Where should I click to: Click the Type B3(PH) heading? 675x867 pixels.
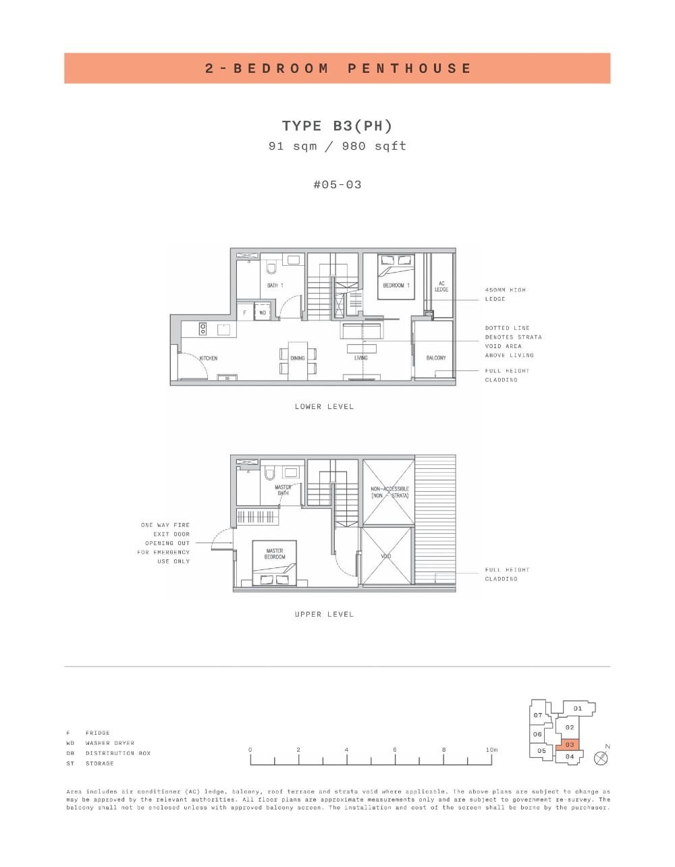337,125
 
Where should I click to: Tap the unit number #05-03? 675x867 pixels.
337,184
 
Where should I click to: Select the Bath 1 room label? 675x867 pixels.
275,285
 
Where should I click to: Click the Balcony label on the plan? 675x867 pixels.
436,358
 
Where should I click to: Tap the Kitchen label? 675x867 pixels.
209,358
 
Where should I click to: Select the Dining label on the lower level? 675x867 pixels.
298,358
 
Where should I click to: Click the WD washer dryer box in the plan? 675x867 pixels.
263,313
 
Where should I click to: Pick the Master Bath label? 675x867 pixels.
283,490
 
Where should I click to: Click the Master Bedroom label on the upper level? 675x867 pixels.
275,554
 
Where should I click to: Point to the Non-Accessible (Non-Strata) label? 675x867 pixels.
389,492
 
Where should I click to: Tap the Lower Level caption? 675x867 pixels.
324,407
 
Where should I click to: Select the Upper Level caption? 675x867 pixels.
324,615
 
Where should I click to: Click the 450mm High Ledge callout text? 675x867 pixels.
505,294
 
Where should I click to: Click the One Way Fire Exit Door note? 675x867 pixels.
165,543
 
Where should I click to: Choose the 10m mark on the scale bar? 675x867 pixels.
491,750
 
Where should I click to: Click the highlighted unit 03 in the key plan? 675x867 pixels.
570,744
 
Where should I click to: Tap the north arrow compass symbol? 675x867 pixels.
601,758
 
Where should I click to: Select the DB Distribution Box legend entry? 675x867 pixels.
109,753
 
